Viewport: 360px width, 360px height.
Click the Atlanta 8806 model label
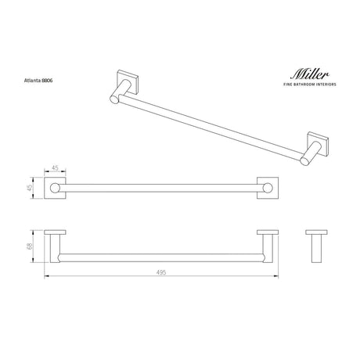click(38, 81)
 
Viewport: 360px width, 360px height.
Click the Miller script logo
click(310, 74)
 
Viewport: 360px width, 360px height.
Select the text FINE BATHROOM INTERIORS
click(310, 85)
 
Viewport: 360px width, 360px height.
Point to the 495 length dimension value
click(161, 272)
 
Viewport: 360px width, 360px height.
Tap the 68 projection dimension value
click(30, 247)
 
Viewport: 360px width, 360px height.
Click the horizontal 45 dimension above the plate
click(55, 167)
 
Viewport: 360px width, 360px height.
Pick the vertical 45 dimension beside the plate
click(30, 188)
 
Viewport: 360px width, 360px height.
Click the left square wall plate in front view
click(55, 188)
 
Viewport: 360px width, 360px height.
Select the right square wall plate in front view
click(268, 188)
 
